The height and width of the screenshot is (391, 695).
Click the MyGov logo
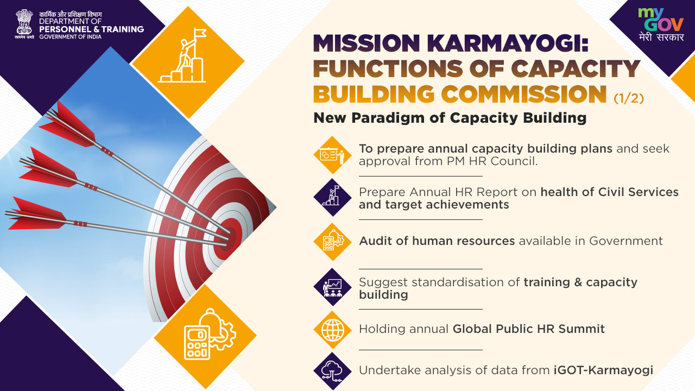pos(661,24)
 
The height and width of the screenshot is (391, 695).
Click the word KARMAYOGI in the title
pos(507,43)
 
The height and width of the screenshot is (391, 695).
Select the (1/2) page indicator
pos(629,98)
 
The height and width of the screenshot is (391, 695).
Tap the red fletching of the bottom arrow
pos(37,214)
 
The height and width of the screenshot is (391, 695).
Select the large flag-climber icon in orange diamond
pos(182,56)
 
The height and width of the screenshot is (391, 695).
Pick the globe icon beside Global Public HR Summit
pos(333,330)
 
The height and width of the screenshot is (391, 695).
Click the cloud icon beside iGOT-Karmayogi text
pos(332,371)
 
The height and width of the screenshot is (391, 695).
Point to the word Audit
pos(375,241)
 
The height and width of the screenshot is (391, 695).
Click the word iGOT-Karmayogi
pos(603,370)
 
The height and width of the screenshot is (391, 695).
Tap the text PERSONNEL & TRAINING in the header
pos(92,29)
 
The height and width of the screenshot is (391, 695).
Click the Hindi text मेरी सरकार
pos(661,37)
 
